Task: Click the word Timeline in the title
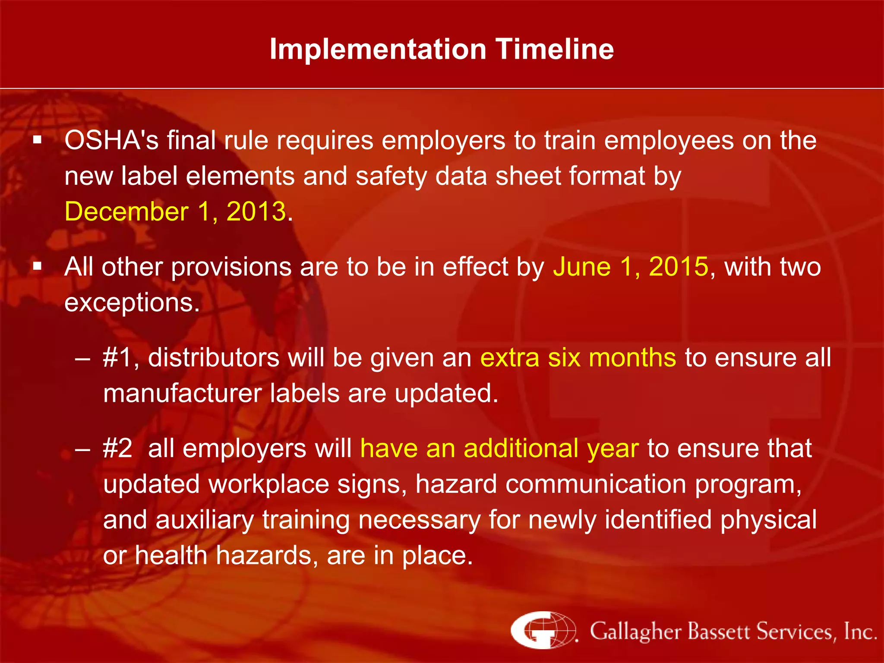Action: (x=555, y=49)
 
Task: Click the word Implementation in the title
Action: (x=378, y=49)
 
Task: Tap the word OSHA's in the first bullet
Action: (x=111, y=141)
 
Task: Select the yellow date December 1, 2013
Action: (x=175, y=212)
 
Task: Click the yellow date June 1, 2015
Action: (x=631, y=267)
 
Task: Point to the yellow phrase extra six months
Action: (x=578, y=358)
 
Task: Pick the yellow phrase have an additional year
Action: (x=499, y=448)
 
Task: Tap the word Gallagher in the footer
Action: (x=636, y=631)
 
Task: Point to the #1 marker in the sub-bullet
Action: (x=117, y=358)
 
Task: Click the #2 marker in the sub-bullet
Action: (x=117, y=448)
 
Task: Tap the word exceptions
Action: (x=132, y=303)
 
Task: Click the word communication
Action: (x=596, y=484)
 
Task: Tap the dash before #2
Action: (x=82, y=449)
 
